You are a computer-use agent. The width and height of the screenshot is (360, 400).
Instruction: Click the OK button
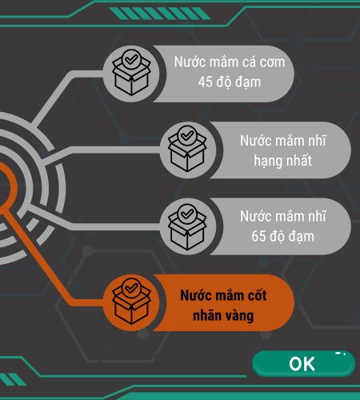point(303,363)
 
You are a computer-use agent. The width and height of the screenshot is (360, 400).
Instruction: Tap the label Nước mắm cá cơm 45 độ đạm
point(230,72)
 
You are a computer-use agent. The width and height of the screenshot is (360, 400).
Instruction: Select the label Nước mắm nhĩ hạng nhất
point(283,150)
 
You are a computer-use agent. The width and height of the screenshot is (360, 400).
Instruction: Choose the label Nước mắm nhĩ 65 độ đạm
point(283,226)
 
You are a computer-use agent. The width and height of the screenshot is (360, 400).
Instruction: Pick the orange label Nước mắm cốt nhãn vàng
point(223,306)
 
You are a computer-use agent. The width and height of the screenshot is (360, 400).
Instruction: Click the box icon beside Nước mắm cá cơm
point(131,73)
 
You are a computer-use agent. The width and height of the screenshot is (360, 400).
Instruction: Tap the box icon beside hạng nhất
point(187,149)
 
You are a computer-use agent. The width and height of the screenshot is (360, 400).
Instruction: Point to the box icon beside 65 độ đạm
point(187,227)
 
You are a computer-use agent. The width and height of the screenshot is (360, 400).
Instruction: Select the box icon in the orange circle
point(131,302)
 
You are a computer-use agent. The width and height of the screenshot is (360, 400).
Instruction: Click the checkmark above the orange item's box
point(131,288)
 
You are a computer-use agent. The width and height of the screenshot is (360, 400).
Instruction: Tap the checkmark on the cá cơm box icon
point(131,59)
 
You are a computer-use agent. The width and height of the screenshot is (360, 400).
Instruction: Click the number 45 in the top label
point(206,82)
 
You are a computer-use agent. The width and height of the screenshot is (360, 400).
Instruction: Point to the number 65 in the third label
point(258,236)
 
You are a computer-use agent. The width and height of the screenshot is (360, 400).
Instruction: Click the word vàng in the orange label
point(239,316)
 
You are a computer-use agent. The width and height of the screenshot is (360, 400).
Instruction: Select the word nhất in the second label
point(298,160)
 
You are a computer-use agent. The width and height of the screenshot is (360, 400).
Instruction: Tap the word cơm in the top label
point(273,62)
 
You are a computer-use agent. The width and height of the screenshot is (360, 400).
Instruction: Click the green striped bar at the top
point(160,14)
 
